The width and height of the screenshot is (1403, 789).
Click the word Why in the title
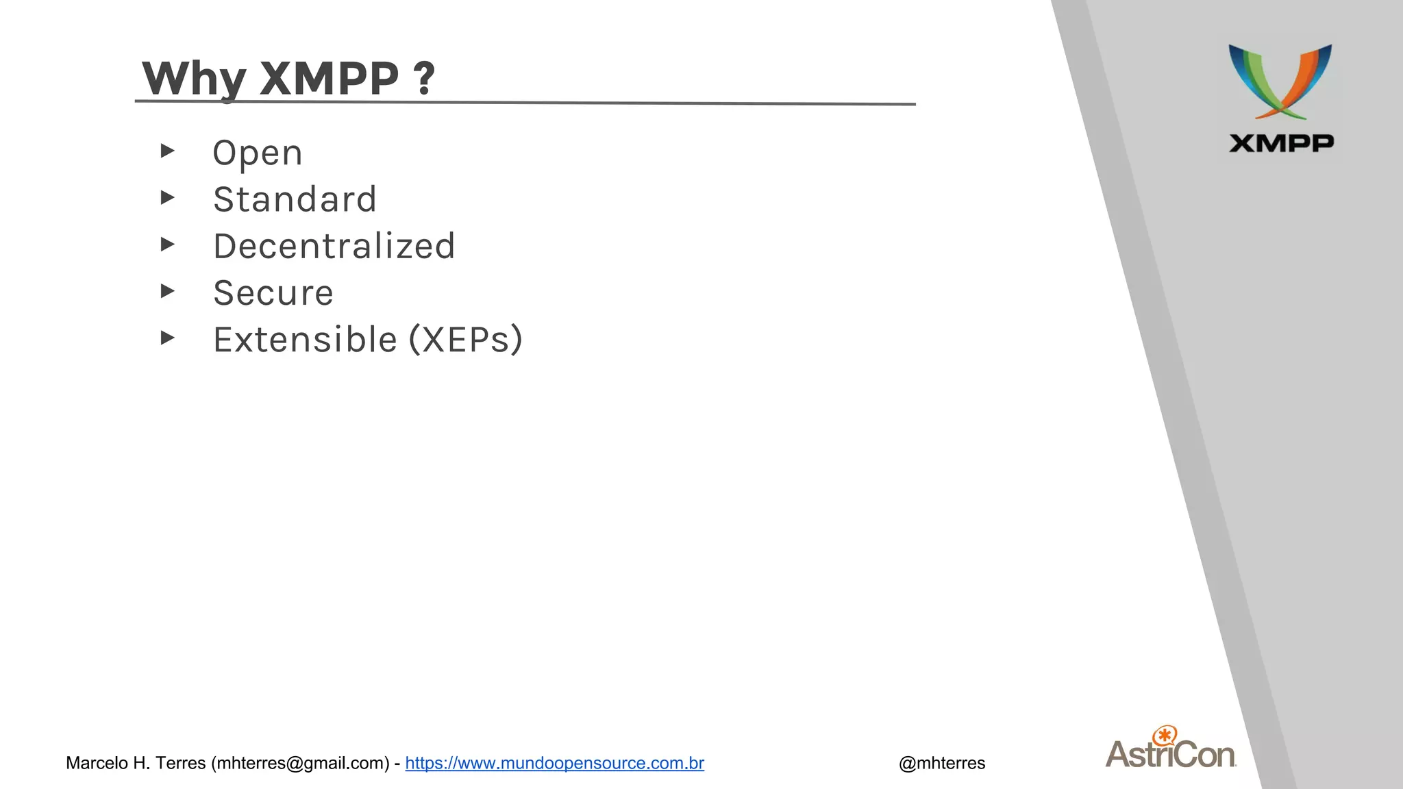tap(193, 79)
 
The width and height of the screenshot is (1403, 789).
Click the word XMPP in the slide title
tap(330, 78)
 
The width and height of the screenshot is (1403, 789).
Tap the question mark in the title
tap(424, 78)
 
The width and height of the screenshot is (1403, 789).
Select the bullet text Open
tap(257, 153)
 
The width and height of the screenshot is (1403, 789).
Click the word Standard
tap(295, 200)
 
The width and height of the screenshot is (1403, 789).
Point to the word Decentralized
tap(334, 247)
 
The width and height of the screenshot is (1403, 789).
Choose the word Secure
tap(273, 293)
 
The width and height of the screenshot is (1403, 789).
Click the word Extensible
tap(305, 340)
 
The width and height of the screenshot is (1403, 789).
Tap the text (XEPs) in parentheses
tap(466, 340)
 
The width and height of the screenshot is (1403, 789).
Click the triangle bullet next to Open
tap(167, 151)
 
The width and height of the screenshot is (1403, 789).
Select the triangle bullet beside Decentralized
tap(167, 245)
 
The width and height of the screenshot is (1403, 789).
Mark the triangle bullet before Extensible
tap(167, 338)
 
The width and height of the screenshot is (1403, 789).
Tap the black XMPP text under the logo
tap(1281, 143)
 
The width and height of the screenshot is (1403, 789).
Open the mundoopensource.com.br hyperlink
tap(554, 763)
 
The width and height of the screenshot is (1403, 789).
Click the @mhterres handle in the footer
tap(941, 763)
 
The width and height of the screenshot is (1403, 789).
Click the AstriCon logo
tap(1171, 753)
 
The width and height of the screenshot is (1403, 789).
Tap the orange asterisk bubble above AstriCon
tap(1165, 736)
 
